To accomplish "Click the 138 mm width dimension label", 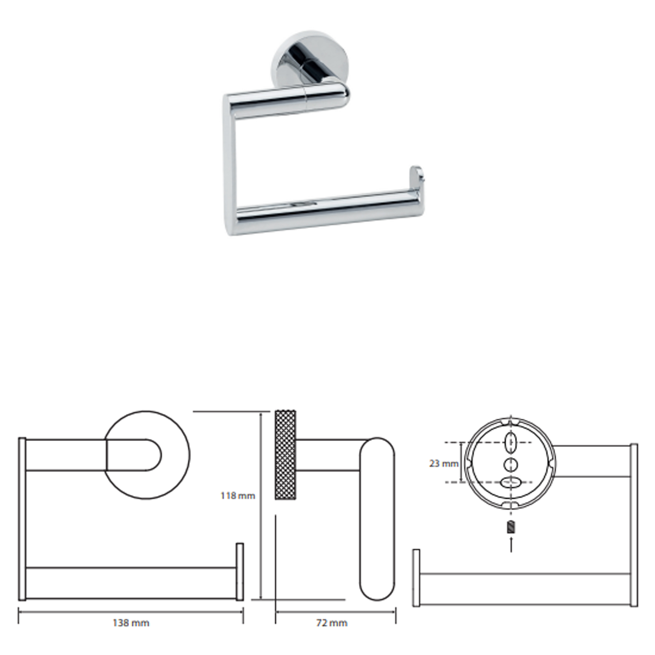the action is [131, 623].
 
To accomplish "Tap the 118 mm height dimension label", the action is [238, 496].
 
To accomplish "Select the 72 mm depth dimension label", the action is [332, 623].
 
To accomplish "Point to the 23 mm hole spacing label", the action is [444, 463].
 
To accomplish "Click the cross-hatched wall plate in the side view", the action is [286, 455].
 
